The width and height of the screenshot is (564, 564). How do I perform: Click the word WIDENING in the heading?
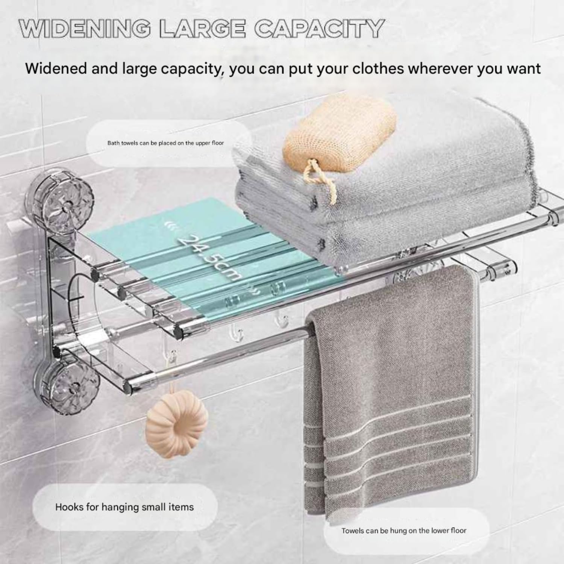click(86, 28)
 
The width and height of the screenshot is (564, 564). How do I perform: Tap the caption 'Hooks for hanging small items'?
click(124, 507)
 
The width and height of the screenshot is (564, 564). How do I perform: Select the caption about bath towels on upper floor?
click(165, 143)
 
